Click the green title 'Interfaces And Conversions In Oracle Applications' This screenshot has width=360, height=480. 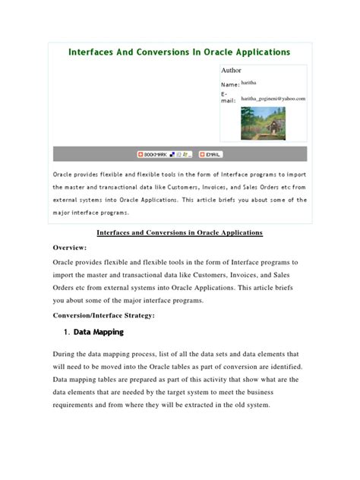(x=179, y=52)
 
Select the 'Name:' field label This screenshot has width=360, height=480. (x=229, y=84)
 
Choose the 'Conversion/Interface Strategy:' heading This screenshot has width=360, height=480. (x=104, y=314)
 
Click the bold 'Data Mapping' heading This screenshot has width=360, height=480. (x=99, y=332)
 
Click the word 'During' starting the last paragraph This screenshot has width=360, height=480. (x=65, y=354)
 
